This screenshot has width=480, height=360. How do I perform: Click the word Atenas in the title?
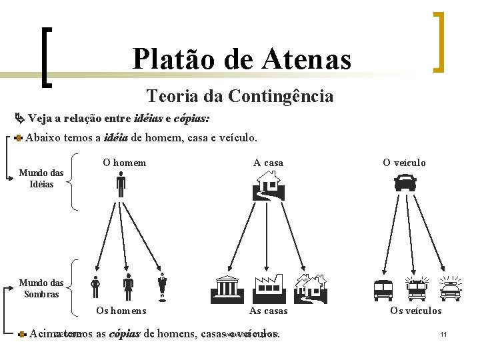(308, 59)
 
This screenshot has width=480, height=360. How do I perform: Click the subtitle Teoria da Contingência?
(240, 96)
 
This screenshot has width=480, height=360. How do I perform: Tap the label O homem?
(124, 162)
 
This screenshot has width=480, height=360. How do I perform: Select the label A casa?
(268, 163)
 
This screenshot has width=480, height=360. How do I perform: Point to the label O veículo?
(404, 163)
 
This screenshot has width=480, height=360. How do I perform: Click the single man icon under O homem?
(121, 185)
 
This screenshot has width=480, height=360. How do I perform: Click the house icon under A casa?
(269, 185)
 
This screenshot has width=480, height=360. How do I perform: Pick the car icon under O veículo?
(405, 182)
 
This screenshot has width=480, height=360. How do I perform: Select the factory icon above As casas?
(269, 287)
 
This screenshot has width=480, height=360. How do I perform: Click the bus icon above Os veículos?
(383, 289)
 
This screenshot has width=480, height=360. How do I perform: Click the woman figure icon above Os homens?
(129, 287)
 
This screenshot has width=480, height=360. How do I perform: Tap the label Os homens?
(121, 310)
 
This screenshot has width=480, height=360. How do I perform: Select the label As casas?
(269, 310)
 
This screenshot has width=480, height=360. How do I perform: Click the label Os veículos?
(416, 310)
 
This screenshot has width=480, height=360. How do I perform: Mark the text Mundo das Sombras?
(41, 288)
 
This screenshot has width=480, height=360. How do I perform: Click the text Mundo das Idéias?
(41, 179)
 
